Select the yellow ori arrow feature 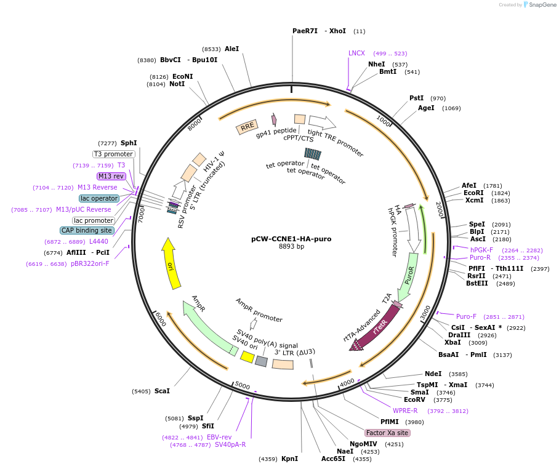pos(171,265)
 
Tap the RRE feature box pos(247,127)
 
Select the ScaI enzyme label pos(162,391)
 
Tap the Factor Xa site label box pos(387,433)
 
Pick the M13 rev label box pos(111,176)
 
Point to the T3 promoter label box pos(113,154)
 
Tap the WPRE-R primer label pos(405,411)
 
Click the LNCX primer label pos(356,54)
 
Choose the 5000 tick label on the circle pos(243,386)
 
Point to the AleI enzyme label pos(231,49)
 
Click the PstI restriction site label pos(417,98)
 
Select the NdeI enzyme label pos(433,374)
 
